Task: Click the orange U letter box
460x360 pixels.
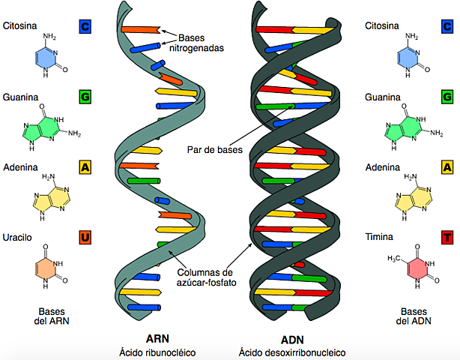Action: click(85, 238)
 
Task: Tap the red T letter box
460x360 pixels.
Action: click(447, 238)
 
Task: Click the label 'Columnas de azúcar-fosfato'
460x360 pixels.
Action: click(207, 277)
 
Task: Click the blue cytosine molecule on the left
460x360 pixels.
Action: click(46, 58)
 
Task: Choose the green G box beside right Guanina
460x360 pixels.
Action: click(447, 97)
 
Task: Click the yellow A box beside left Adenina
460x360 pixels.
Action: click(85, 167)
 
